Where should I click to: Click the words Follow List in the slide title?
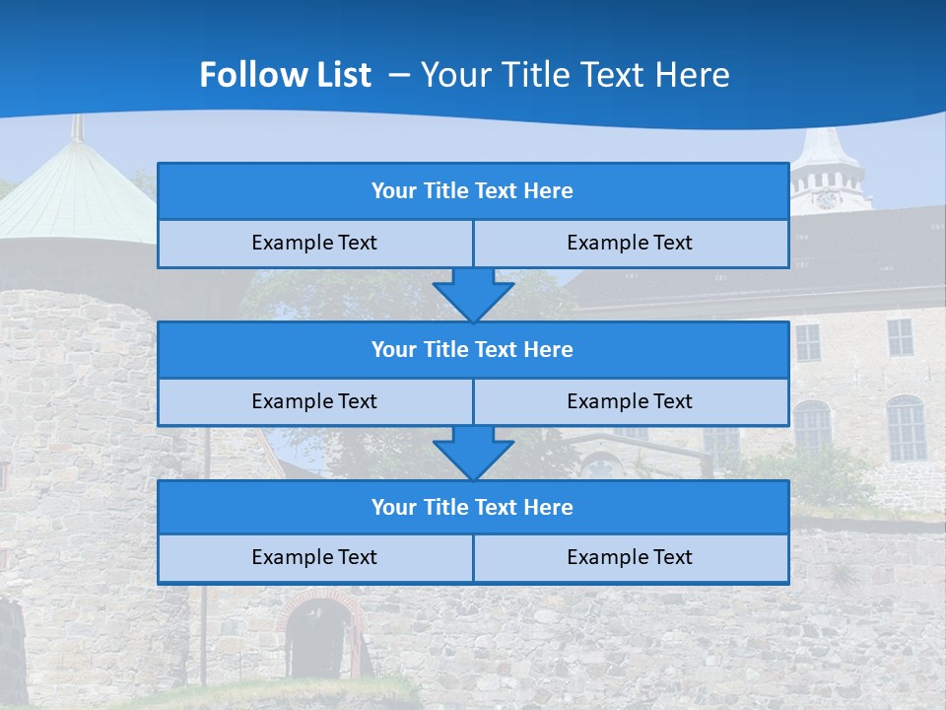285,75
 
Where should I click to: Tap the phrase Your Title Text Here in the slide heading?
574,75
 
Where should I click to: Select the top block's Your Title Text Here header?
472,191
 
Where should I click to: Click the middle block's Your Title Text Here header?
472,349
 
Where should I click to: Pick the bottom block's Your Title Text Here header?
472,507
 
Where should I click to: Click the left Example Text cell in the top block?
314,243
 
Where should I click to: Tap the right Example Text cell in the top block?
630,243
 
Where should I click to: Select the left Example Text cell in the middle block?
314,401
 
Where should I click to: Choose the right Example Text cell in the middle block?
630,401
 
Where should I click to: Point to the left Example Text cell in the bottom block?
314,557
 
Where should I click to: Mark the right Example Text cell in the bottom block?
630,557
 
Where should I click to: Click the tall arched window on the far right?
905,428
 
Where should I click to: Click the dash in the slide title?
400,75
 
